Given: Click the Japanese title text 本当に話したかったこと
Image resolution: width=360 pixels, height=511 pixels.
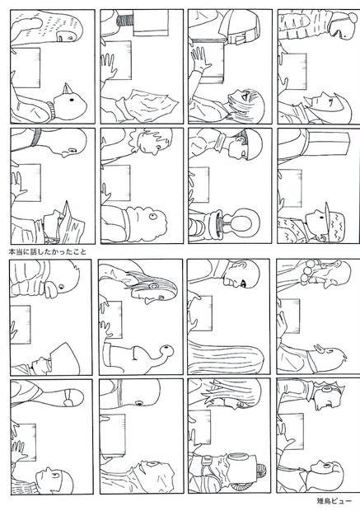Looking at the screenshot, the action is pyautogui.click(x=48, y=251).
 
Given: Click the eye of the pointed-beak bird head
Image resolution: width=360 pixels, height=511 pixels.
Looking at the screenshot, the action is pyautogui.click(x=72, y=100).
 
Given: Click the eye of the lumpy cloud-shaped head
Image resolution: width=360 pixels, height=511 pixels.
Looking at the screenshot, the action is pyautogui.click(x=153, y=216).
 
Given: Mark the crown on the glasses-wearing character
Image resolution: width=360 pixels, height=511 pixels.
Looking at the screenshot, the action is pyautogui.click(x=339, y=390).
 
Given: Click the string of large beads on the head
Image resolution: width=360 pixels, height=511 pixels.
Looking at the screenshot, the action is pyautogui.click(x=308, y=273).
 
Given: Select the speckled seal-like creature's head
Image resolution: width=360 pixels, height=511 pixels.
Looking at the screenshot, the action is pyautogui.click(x=58, y=26).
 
